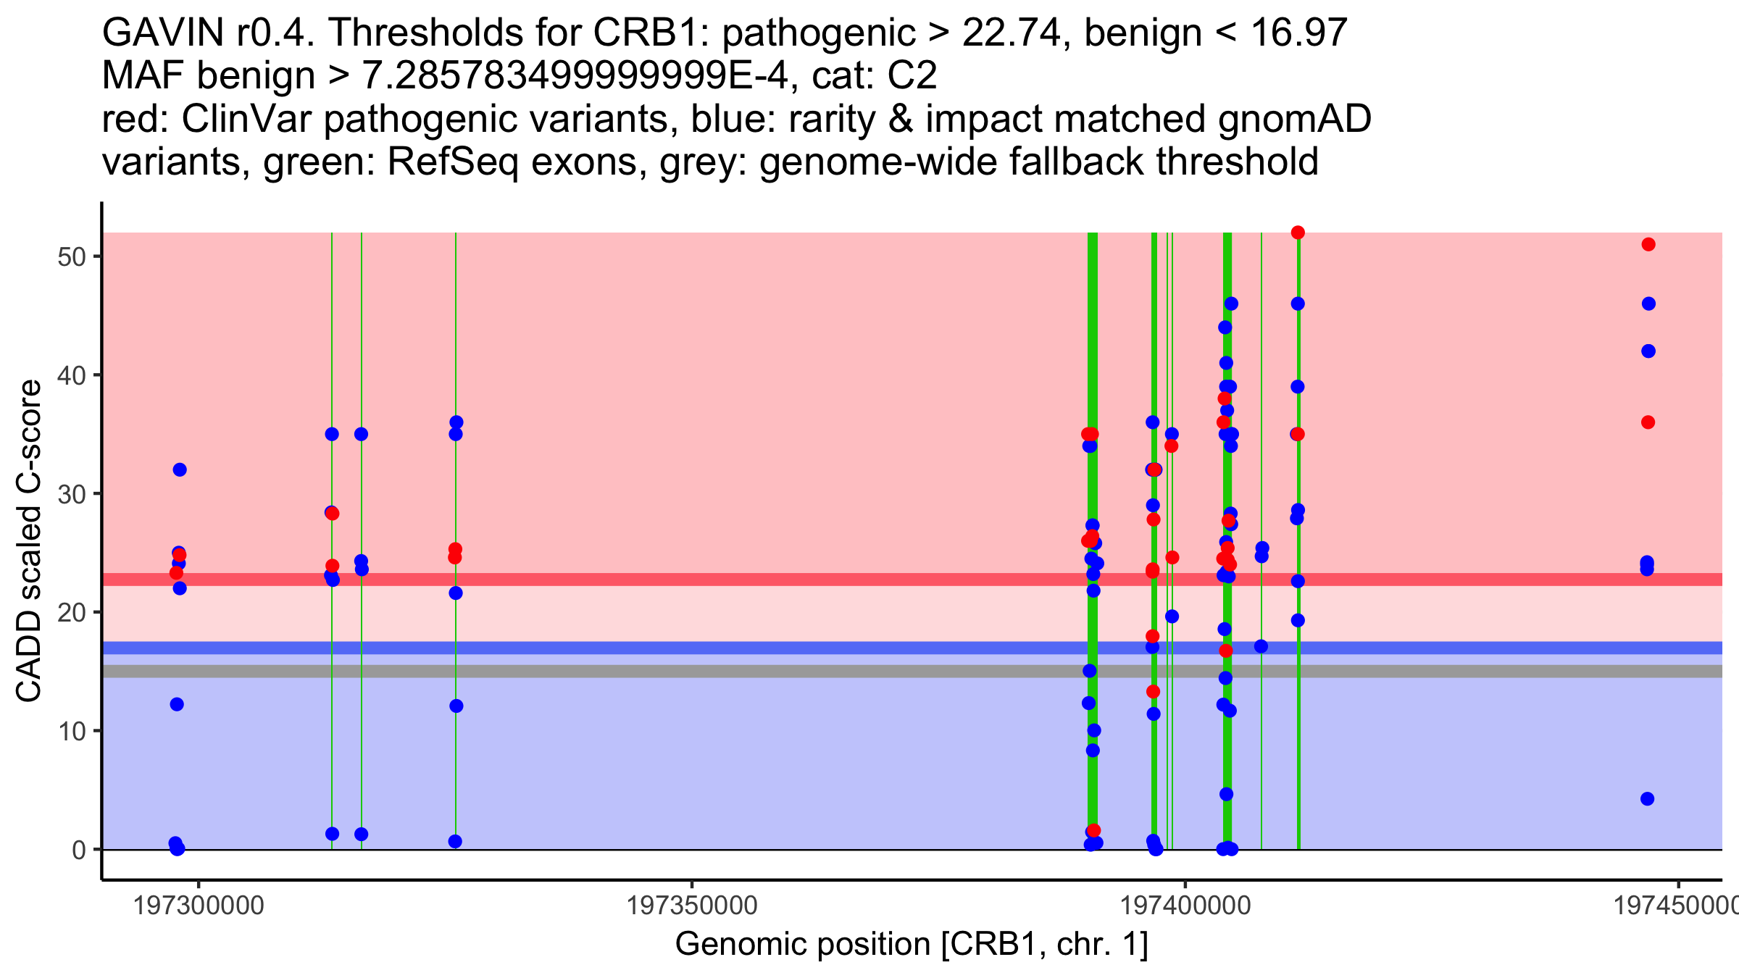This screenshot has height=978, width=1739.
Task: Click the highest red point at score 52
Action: point(1298,233)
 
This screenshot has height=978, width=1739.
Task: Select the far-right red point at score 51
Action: point(1648,244)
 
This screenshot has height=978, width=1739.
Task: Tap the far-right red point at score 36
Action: point(1648,422)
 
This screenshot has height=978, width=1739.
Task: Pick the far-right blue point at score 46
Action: point(1648,304)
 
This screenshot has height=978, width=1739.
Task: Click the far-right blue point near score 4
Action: point(1647,799)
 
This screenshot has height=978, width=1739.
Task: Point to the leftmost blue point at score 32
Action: point(180,470)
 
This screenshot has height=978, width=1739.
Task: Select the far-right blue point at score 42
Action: point(1648,351)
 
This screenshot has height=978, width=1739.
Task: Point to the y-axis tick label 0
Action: point(79,850)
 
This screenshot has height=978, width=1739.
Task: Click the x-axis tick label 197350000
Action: point(692,906)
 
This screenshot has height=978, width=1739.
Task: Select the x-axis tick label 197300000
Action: point(199,906)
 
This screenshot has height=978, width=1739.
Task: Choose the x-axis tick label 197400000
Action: point(1185,906)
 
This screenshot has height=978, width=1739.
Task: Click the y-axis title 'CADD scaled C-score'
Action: point(29,541)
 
